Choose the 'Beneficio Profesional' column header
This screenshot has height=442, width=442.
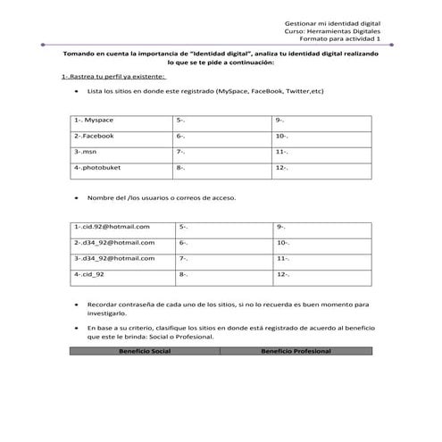(296, 351)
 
